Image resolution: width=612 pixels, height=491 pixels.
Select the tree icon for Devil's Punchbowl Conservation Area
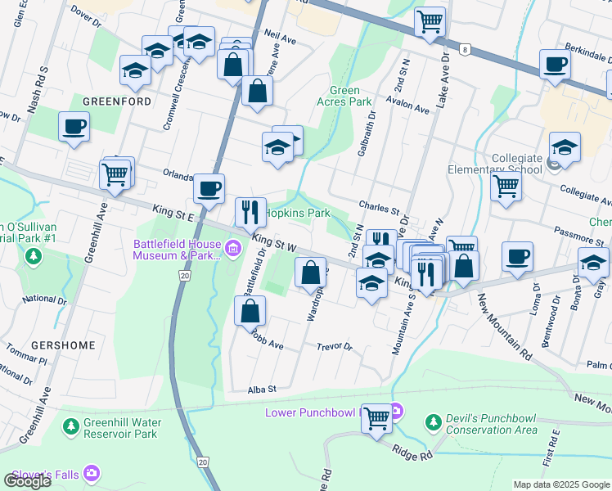433,422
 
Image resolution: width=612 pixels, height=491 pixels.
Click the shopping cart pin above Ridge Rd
376,419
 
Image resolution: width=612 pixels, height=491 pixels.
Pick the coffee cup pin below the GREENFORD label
74,127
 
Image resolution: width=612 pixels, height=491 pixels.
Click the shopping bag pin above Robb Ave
250,311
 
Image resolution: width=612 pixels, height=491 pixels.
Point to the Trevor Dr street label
334,348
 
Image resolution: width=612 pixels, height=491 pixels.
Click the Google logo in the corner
27,481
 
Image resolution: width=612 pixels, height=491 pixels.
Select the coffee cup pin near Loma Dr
517,256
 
